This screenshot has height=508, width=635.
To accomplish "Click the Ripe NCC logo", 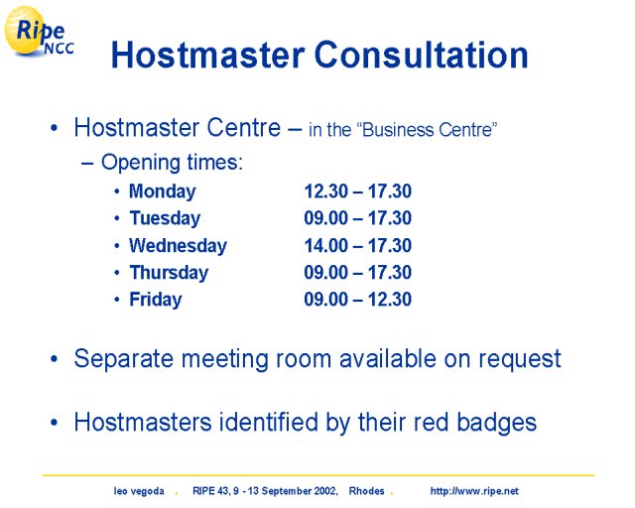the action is (x=39, y=31).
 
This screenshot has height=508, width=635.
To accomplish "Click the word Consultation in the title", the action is (x=421, y=55).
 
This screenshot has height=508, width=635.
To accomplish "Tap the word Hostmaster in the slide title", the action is (x=207, y=55).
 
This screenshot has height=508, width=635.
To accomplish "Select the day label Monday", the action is (x=162, y=191).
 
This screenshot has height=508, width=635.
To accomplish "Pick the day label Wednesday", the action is (x=178, y=245).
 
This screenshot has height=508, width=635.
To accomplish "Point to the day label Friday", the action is (x=156, y=300).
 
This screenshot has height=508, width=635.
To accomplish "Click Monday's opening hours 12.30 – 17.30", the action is (x=358, y=190).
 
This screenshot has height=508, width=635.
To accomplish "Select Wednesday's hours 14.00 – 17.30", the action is (x=358, y=245).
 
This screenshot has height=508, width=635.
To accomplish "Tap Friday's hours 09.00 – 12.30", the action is (x=358, y=299).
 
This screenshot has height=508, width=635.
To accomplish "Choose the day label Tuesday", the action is (x=165, y=218).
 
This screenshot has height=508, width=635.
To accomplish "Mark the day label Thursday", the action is (x=169, y=273).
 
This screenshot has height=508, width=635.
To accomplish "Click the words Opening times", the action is (x=172, y=163).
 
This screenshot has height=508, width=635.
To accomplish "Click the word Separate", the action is (x=124, y=360).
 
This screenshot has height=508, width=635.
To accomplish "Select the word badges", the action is (x=496, y=424).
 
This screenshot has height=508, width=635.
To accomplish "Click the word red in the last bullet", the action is (x=431, y=422).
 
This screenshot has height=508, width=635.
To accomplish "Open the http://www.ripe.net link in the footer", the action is (x=474, y=491).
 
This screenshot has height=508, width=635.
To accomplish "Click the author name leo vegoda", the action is (x=139, y=491).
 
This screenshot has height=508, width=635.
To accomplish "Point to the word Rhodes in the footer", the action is (x=366, y=491).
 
